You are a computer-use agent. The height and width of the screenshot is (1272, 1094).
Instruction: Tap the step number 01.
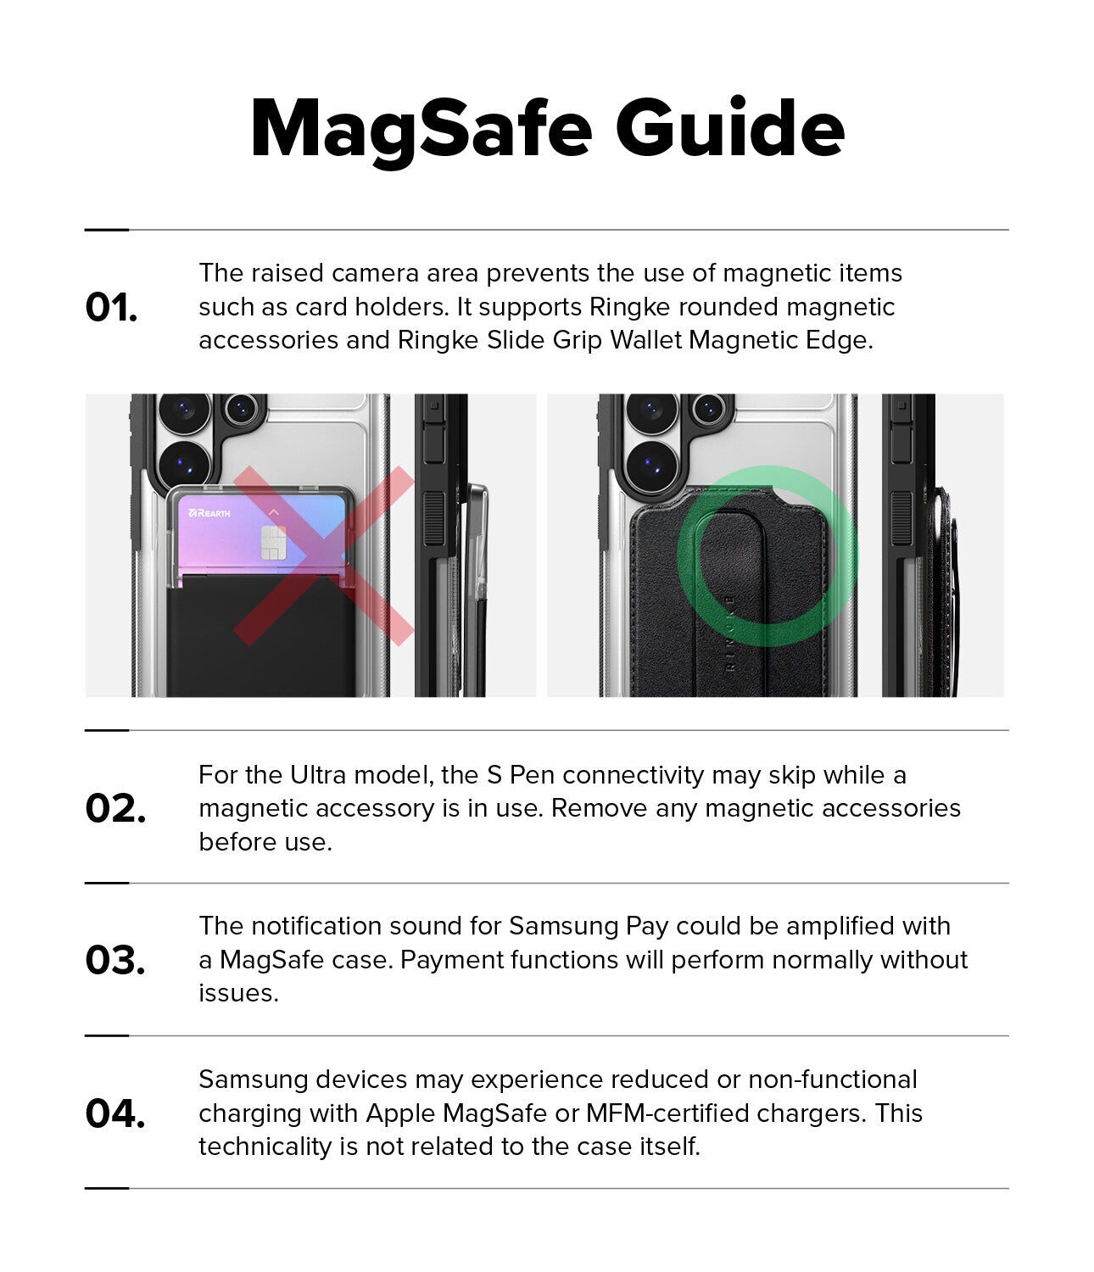click(x=111, y=307)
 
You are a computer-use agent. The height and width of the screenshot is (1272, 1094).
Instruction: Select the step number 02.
click(x=115, y=808)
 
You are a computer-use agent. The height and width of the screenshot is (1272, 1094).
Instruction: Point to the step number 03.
click(x=115, y=960)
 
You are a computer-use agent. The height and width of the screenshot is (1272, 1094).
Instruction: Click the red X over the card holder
click(x=323, y=555)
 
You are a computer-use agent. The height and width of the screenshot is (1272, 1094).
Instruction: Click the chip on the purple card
click(x=273, y=543)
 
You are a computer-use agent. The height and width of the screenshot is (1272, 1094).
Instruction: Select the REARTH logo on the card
click(x=209, y=513)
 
